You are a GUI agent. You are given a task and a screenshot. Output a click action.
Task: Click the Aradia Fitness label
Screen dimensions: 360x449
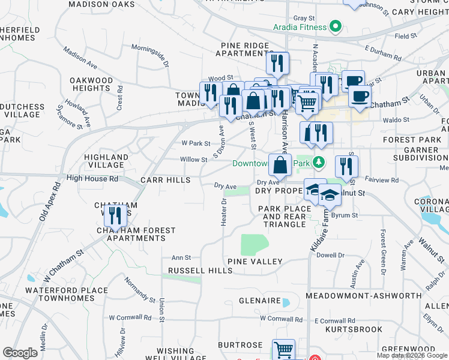[301, 27]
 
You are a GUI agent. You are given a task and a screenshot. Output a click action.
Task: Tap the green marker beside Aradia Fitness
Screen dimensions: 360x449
[336, 27]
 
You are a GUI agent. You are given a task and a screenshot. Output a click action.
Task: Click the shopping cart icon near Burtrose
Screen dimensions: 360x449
[283, 350]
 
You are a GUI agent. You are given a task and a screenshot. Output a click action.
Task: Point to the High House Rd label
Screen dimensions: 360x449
[93, 178]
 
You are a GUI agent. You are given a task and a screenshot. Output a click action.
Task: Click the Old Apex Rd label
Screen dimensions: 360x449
[50, 202]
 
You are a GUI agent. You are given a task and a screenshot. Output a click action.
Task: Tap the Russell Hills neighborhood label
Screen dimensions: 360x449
[200, 271]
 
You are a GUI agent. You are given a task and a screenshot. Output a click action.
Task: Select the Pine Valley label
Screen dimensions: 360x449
[255, 262]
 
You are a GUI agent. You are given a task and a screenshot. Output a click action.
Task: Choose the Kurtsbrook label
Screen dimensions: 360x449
[354, 329]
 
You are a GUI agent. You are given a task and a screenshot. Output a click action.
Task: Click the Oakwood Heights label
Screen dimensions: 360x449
[91, 84]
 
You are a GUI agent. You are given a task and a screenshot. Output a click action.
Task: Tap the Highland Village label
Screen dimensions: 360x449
[106, 161]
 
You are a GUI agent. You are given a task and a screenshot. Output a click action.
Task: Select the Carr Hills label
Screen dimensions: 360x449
[165, 180]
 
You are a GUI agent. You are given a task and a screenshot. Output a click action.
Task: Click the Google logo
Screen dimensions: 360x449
[20, 353]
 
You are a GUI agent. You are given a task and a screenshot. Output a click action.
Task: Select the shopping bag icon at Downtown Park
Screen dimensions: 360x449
[280, 165]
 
